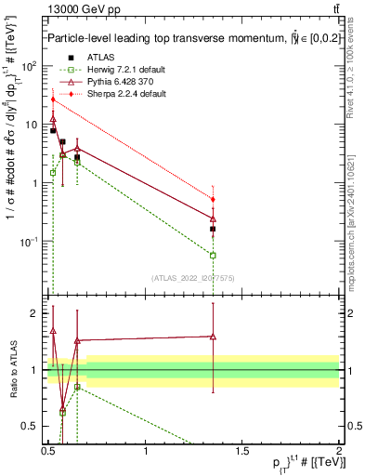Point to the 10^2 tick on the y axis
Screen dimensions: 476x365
31,67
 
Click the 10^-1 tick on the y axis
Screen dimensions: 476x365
31,241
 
